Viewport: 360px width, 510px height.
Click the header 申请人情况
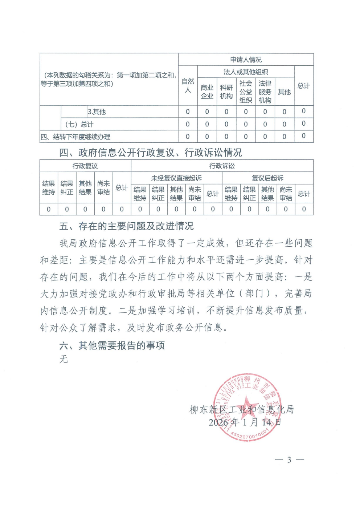pyautogui.click(x=246, y=60)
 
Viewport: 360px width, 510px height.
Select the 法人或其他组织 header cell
pyautogui.click(x=246, y=72)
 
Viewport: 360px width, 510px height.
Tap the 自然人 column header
pyautogui.click(x=188, y=86)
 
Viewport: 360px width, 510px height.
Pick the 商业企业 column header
pyautogui.click(x=207, y=92)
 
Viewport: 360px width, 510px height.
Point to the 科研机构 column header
pyautogui.click(x=226, y=92)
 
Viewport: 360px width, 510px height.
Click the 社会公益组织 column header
pyautogui.click(x=246, y=92)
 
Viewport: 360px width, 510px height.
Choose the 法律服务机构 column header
pyautogui.click(x=265, y=92)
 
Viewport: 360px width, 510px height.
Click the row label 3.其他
pyautogui.click(x=97, y=112)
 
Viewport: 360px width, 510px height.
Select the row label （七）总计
pyautogui.click(x=79, y=124)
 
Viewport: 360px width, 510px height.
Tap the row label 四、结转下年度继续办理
pyautogui.click(x=75, y=137)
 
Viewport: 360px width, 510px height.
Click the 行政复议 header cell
pyautogui.click(x=85, y=166)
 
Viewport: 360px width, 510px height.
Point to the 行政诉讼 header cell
pyautogui.click(x=222, y=166)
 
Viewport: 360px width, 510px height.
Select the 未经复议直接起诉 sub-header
pyautogui.click(x=176, y=178)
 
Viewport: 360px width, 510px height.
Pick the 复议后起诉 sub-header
pyautogui.click(x=267, y=178)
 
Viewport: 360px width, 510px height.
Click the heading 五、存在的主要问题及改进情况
pyautogui.click(x=127, y=226)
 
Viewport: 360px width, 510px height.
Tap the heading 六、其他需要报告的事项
pyautogui.click(x=112, y=345)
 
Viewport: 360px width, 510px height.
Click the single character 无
pyautogui.click(x=64, y=359)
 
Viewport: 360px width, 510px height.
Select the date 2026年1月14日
pyautogui.click(x=245, y=422)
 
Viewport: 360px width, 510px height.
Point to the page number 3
pyautogui.click(x=289, y=460)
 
